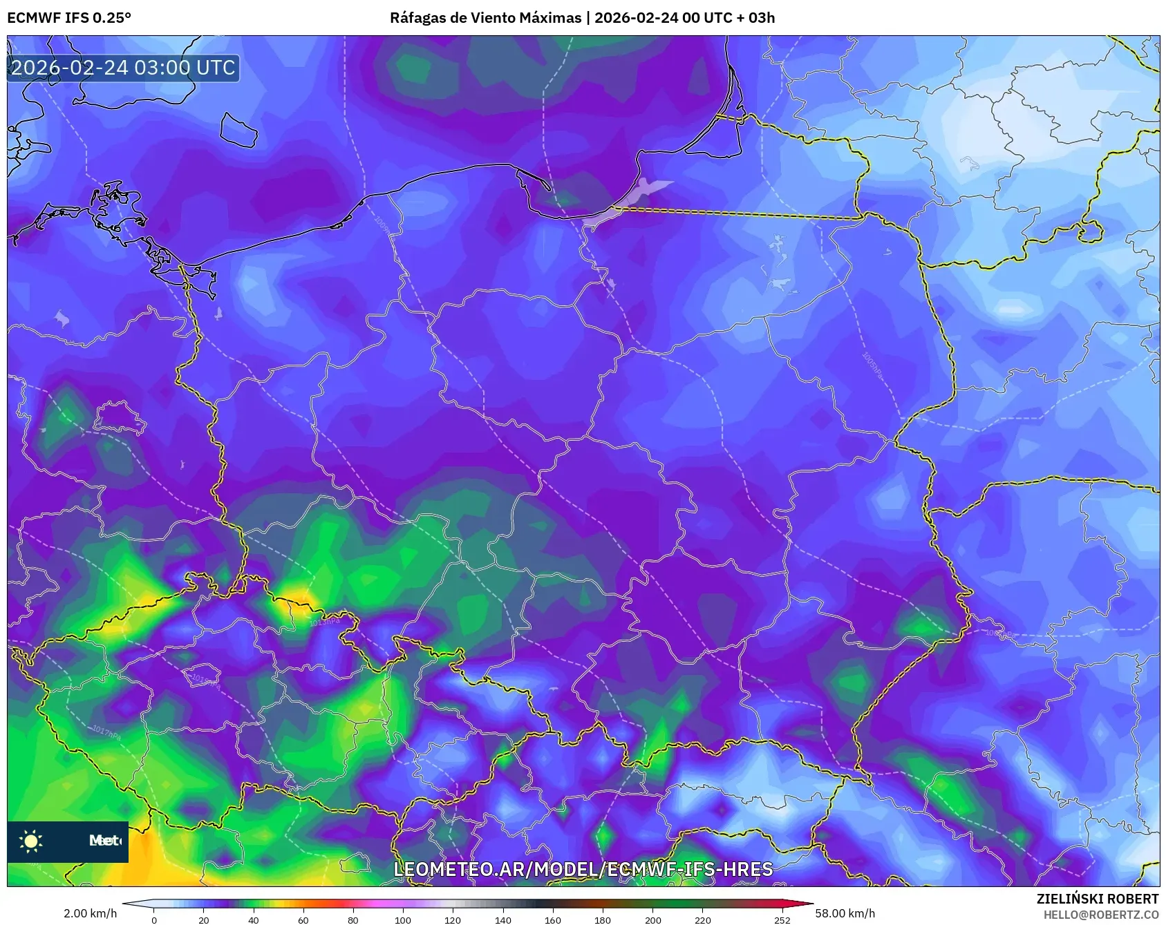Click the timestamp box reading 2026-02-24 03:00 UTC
(123, 68)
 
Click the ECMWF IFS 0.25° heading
(69, 18)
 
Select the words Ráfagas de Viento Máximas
(485, 18)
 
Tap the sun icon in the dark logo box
(31, 841)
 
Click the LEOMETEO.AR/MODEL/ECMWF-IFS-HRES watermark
(583, 869)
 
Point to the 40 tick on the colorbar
(254, 919)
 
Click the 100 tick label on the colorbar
(403, 919)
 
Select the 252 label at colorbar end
(782, 919)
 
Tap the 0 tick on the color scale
(154, 919)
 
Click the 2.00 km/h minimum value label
(90, 913)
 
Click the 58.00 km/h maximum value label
(845, 913)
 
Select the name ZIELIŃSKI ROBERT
(1097, 899)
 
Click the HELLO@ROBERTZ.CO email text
(1100, 915)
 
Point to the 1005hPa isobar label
(872, 365)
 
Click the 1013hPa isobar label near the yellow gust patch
(325, 622)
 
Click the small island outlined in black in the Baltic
(238, 129)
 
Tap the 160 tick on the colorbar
(552, 919)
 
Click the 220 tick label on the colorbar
(702, 919)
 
